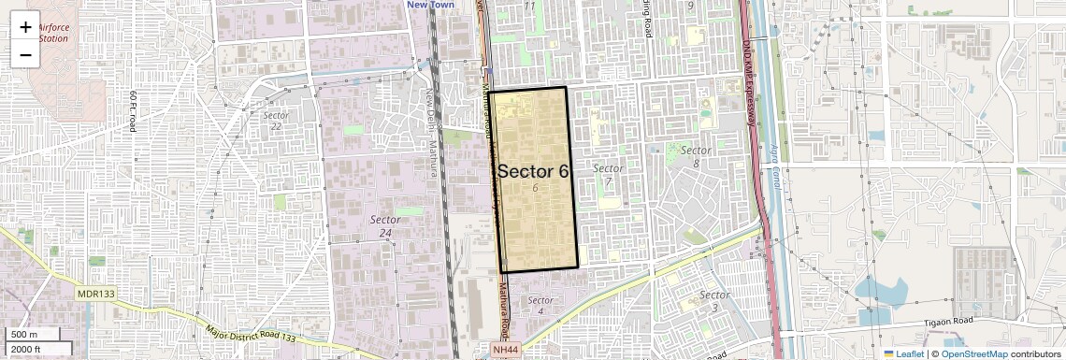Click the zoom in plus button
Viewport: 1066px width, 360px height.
tap(25, 26)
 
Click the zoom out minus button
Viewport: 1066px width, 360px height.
tap(25, 54)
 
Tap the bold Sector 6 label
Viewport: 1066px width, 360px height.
tap(533, 171)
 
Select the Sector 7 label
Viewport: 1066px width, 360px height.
tap(608, 174)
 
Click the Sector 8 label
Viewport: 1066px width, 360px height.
tap(696, 156)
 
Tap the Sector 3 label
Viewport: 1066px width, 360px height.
tap(714, 301)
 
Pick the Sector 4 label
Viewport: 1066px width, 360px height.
tap(540, 306)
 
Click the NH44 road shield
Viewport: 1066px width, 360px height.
tap(504, 349)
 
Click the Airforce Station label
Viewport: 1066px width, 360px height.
tap(60, 33)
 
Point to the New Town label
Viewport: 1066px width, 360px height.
tap(430, 5)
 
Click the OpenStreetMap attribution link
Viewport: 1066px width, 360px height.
tap(973, 353)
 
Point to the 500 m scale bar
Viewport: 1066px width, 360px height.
tap(34, 335)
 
